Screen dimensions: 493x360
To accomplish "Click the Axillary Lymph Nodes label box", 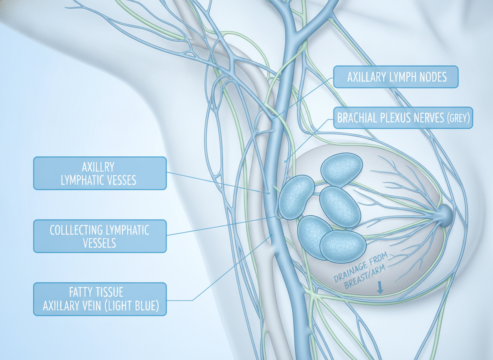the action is point(396,77).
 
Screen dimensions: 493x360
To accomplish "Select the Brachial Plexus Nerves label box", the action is point(403,117).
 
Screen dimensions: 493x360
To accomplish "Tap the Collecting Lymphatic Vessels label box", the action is point(100,236).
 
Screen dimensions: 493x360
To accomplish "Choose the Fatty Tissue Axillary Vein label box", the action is point(100,299).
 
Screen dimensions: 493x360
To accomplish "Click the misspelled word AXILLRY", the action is point(98,167).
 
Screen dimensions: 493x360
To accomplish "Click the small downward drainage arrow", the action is point(380,287).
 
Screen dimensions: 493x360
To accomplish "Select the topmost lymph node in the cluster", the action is point(341,169).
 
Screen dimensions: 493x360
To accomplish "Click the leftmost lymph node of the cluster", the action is point(296,197).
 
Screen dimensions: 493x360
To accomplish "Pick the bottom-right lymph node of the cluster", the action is point(343,246).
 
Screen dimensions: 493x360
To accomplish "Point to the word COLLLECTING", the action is point(76,230).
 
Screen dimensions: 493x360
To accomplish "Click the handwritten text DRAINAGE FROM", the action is point(361,267).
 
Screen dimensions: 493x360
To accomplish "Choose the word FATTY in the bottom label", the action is point(79,292).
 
